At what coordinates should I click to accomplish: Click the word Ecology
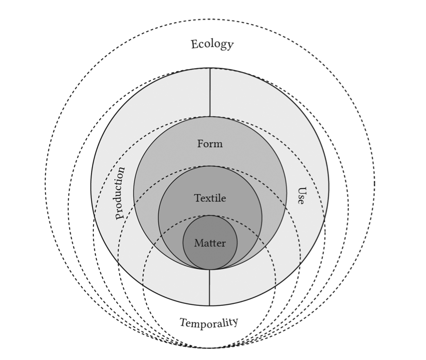[212, 45]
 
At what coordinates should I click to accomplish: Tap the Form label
[210, 144]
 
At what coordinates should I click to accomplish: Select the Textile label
[210, 198]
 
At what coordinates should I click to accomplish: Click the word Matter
[210, 243]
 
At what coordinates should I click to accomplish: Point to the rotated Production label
[120, 193]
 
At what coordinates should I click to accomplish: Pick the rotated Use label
[301, 195]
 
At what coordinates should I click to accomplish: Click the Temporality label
[209, 323]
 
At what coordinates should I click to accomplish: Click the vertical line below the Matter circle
[210, 287]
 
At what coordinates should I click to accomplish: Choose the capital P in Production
[119, 215]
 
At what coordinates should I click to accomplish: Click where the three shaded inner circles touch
[210, 270]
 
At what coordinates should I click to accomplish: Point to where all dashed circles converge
[210, 347]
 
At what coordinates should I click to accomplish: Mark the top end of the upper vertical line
[210, 69]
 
